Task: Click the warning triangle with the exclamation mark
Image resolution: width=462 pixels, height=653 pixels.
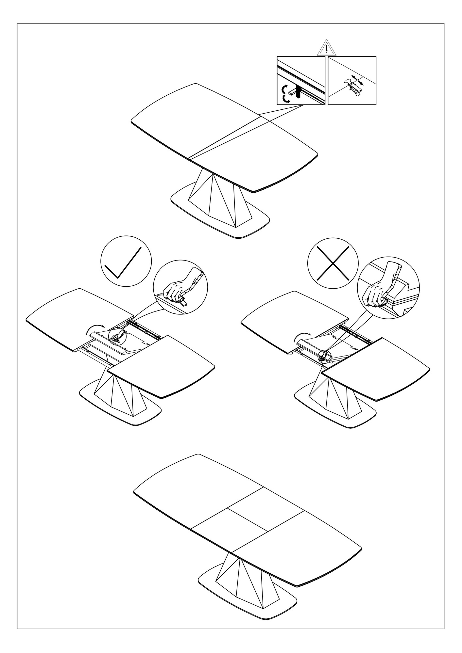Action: click(x=326, y=48)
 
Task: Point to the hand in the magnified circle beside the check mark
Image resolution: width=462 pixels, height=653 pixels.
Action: click(x=177, y=289)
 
